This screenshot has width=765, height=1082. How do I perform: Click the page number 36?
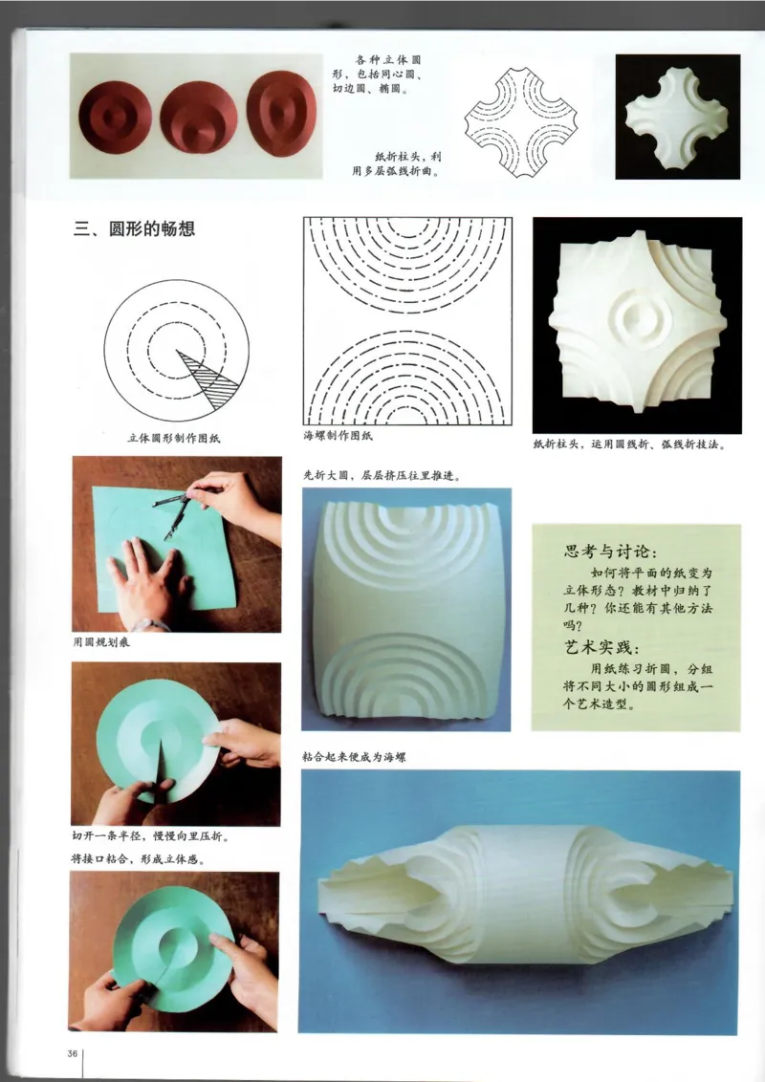click(73, 1054)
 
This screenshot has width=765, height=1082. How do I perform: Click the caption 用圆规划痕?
click(104, 642)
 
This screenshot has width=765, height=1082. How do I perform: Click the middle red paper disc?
click(198, 116)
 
